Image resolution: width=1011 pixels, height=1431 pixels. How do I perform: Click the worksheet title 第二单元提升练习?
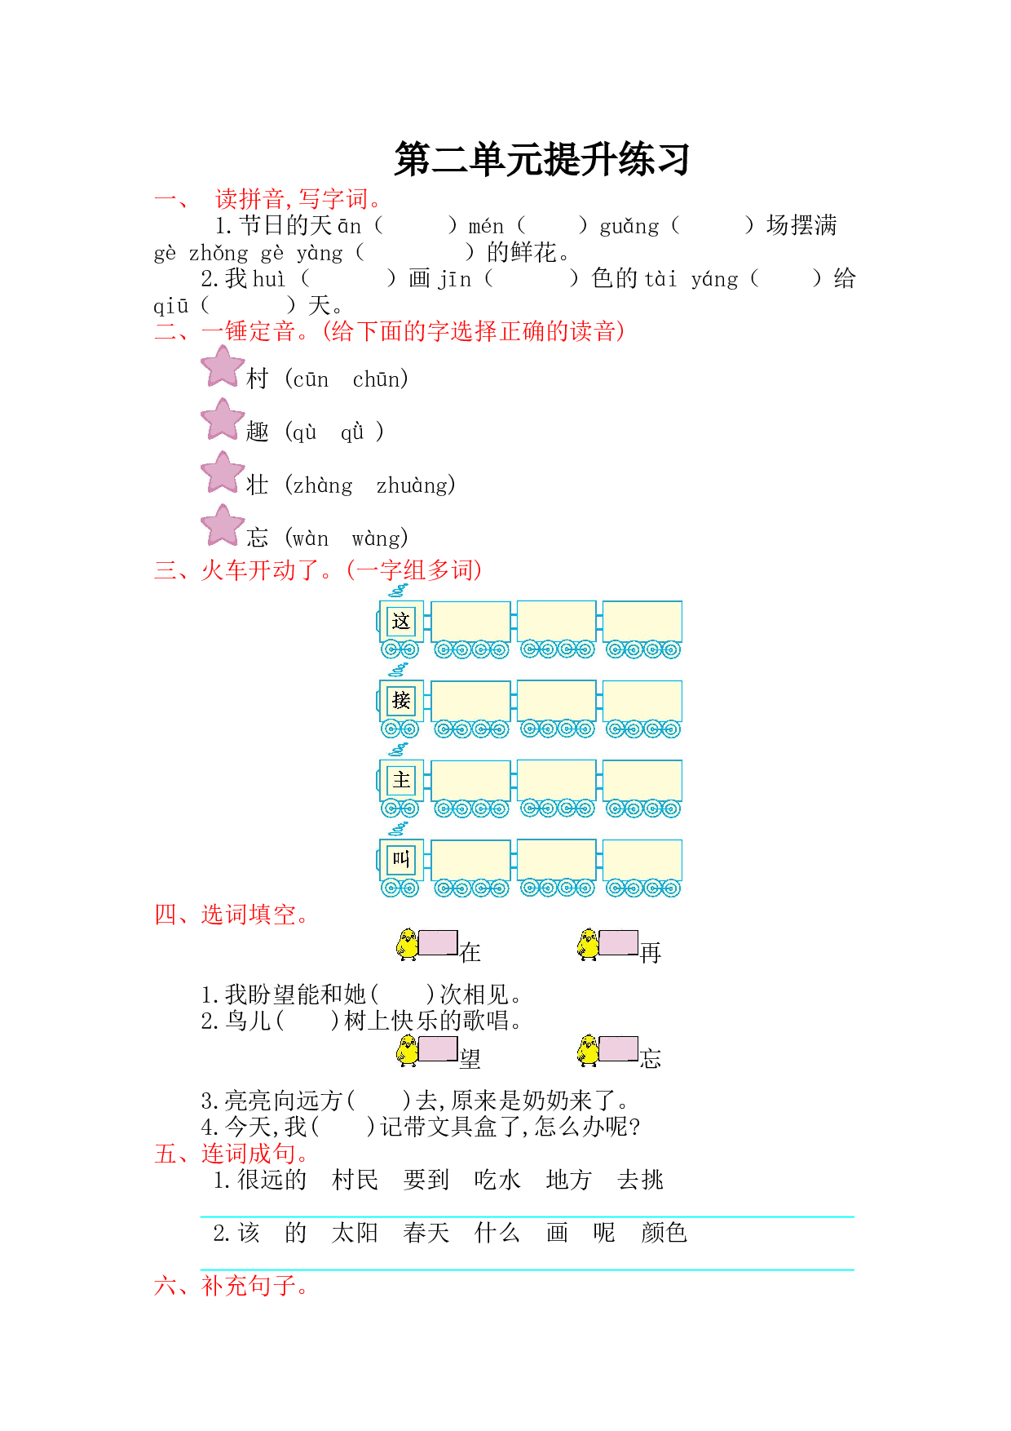(542, 159)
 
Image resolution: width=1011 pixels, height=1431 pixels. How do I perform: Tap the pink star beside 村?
(223, 366)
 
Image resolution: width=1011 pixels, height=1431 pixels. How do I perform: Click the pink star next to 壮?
(223, 472)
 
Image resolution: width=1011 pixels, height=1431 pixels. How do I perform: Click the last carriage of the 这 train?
(642, 629)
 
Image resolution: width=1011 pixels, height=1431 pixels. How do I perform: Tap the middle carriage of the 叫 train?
(557, 867)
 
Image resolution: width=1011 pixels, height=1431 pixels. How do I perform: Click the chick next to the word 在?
(407, 944)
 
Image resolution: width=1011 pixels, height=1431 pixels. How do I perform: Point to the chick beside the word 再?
(587, 944)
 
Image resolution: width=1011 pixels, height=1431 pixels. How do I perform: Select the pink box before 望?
(438, 1048)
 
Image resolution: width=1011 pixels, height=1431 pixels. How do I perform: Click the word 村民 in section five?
(355, 1180)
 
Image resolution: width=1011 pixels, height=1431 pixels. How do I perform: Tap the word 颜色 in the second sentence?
(664, 1233)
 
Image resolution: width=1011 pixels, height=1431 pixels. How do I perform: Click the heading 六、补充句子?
(232, 1286)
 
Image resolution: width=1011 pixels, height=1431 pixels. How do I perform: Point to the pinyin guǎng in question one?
(629, 226)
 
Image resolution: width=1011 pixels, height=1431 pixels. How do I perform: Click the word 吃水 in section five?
(497, 1180)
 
